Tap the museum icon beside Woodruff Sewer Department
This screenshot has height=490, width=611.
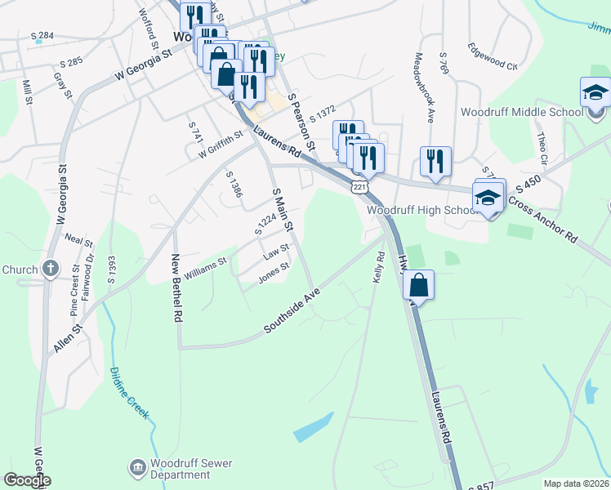pyautogui.click(x=137, y=468)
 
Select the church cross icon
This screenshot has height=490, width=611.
pyautogui.click(x=51, y=269)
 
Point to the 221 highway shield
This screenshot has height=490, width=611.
pyautogui.click(x=358, y=188)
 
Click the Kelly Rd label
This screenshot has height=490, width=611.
pyautogui.click(x=378, y=268)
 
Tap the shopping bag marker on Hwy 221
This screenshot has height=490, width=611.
pyautogui.click(x=418, y=286)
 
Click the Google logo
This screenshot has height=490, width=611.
pyautogui.click(x=28, y=480)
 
